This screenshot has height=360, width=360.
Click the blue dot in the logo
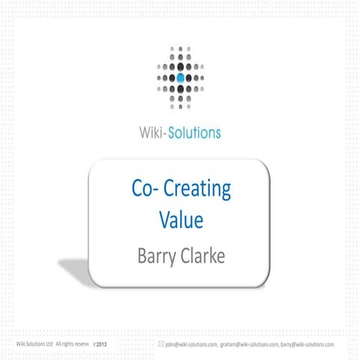coord(180,76)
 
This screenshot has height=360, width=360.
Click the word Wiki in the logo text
coord(152,134)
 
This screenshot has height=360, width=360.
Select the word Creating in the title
coord(199,190)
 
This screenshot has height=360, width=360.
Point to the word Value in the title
coord(181,220)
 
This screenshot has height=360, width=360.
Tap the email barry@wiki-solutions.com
coord(307,344)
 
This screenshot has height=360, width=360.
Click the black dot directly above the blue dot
coord(180,67)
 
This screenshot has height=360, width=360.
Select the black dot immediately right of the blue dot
coord(190,76)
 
